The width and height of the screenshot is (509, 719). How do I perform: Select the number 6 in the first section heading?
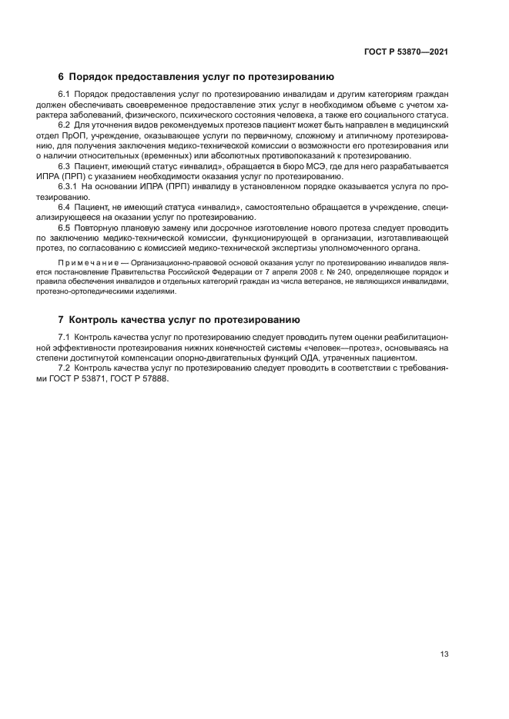(x=62, y=77)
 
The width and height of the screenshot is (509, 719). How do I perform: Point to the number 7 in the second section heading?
(x=62, y=319)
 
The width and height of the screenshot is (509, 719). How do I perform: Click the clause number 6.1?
(x=65, y=95)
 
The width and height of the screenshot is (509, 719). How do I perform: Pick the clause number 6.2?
(x=65, y=125)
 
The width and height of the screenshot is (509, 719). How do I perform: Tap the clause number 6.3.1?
(x=69, y=187)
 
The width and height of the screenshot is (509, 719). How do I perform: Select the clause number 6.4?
(x=65, y=208)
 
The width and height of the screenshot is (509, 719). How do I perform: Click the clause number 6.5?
(x=65, y=228)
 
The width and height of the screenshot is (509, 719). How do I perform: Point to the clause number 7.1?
(x=65, y=338)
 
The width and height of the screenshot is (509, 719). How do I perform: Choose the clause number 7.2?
(x=65, y=368)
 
